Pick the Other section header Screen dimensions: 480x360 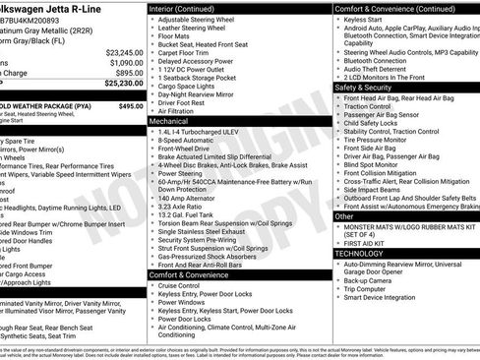click(x=344, y=216)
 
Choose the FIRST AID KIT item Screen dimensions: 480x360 click(x=369, y=242)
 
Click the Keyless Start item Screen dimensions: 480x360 click(x=369, y=19)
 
